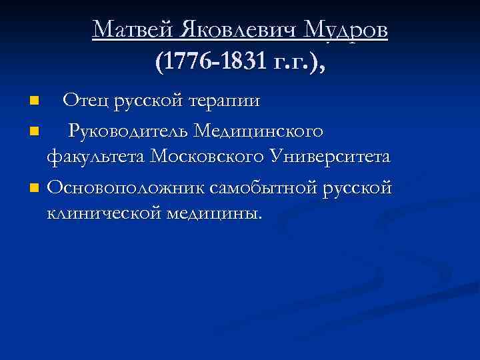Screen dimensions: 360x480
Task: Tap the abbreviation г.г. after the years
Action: click(x=291, y=64)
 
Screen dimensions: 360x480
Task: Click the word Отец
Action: click(x=85, y=101)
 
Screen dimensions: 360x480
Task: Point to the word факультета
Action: click(x=96, y=157)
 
